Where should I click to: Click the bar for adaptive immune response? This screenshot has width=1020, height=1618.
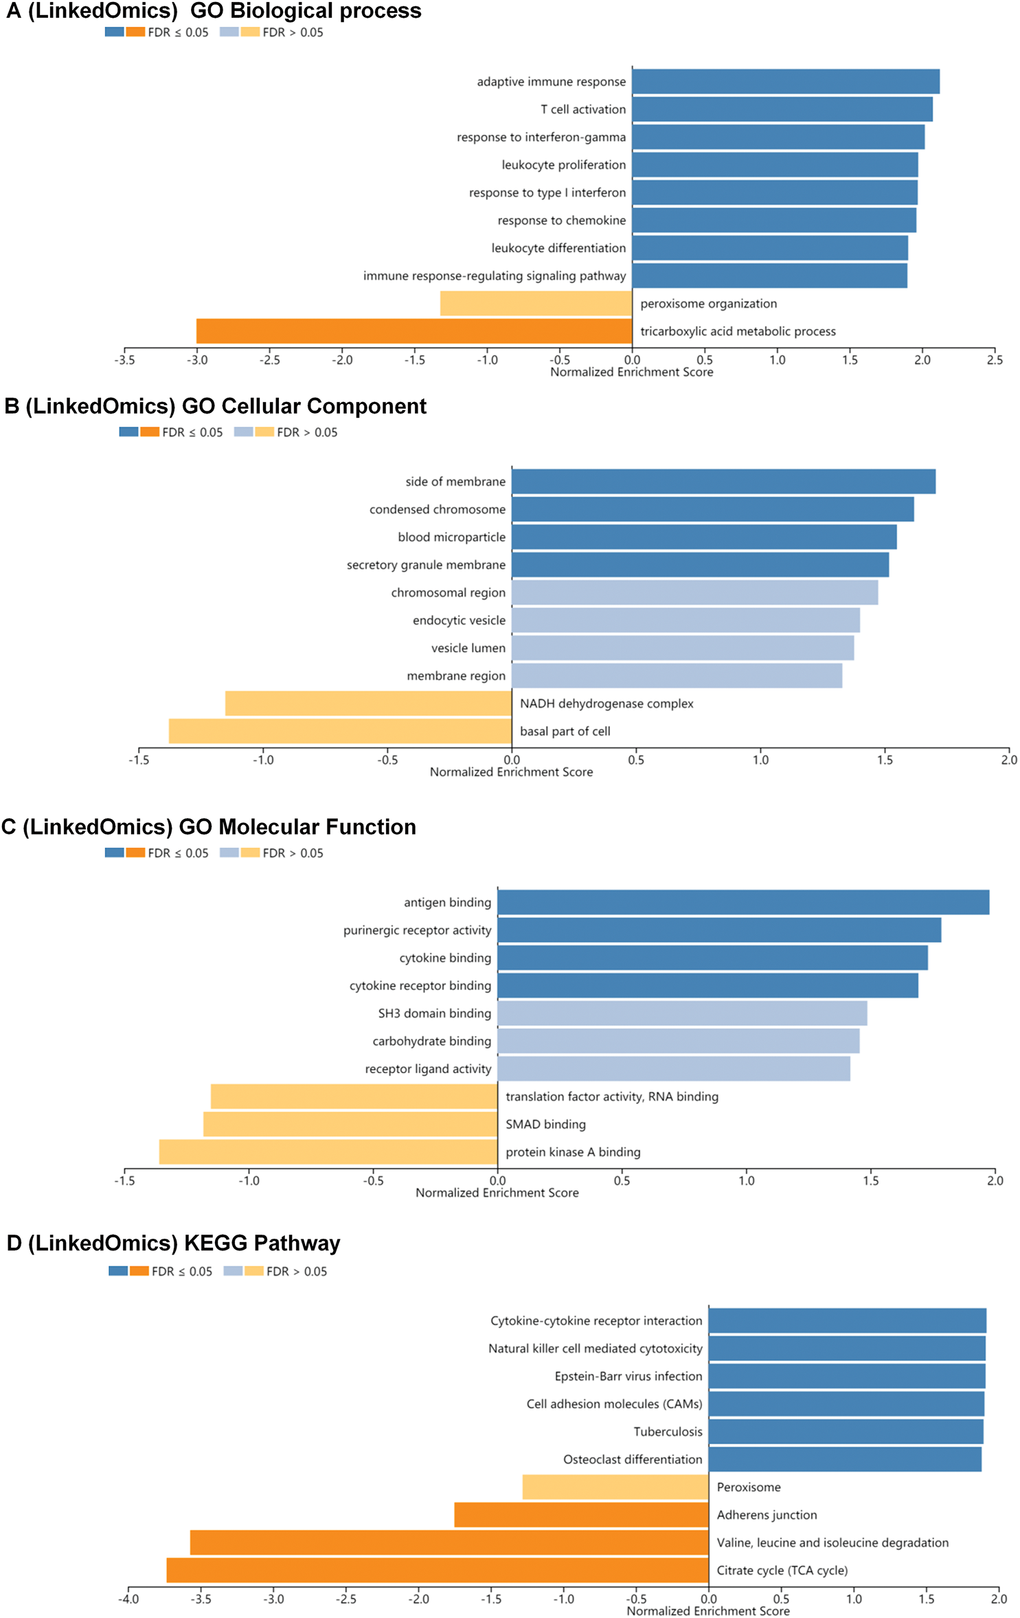pyautogui.click(x=785, y=82)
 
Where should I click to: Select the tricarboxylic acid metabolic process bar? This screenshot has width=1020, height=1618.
pyautogui.click(x=414, y=331)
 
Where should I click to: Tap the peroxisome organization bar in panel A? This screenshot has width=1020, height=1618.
pyautogui.click(x=536, y=304)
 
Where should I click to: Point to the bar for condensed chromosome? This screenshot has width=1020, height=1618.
pyautogui.click(x=712, y=510)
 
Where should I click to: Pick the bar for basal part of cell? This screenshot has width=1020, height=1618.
pyautogui.click(x=340, y=731)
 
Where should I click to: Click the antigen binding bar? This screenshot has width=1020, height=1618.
pyautogui.click(x=743, y=902)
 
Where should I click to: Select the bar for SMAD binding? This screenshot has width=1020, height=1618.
pyautogui.click(x=350, y=1124)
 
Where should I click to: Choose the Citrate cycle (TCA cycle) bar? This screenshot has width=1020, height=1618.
pyautogui.click(x=438, y=1570)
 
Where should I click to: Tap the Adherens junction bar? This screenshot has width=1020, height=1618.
pyautogui.click(x=581, y=1514)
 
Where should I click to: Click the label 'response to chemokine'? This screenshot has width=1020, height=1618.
pyautogui.click(x=561, y=221)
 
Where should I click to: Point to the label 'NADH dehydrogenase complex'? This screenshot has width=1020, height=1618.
pyautogui.click(x=607, y=704)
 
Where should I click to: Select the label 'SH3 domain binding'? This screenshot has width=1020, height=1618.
pyautogui.click(x=434, y=1013)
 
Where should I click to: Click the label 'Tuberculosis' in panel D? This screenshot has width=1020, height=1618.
pyautogui.click(x=668, y=1431)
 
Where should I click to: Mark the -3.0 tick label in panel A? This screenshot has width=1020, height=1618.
pyautogui.click(x=197, y=360)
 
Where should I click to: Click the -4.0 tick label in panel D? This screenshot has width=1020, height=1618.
pyautogui.click(x=128, y=1599)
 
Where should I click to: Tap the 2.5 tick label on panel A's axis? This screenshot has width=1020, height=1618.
pyautogui.click(x=995, y=360)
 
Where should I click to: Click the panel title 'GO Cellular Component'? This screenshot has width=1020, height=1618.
pyautogui.click(x=304, y=406)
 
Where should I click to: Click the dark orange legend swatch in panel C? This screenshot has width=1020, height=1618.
pyautogui.click(x=135, y=853)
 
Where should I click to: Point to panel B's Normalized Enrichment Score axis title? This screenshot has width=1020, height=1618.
pyautogui.click(x=511, y=772)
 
